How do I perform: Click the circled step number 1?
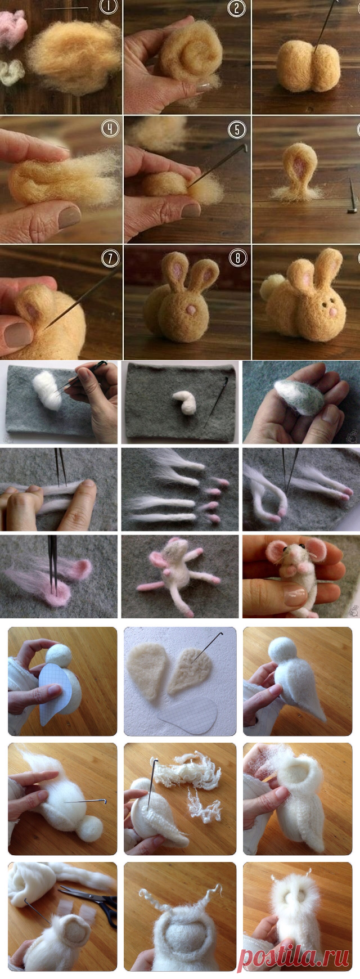[x=107, y=7]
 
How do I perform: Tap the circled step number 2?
[x=237, y=8]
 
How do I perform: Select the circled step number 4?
[x=110, y=129]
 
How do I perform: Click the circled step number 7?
[x=110, y=258]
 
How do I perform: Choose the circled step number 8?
[x=237, y=258]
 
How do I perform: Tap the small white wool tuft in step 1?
[x=10, y=73]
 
